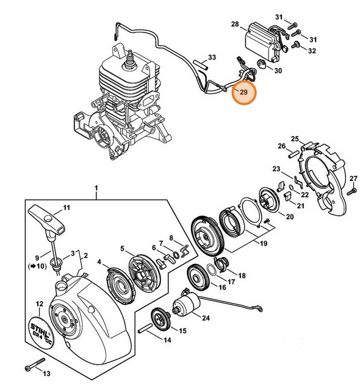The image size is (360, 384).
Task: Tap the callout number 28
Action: pyautogui.click(x=234, y=24)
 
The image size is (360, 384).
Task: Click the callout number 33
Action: pyautogui.click(x=212, y=58)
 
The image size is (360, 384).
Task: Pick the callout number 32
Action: pyautogui.click(x=312, y=51)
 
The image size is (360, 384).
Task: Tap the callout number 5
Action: pyautogui.click(x=122, y=248)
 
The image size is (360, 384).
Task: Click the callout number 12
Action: pyautogui.click(x=39, y=303)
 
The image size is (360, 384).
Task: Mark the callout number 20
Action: pyautogui.click(x=290, y=216)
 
